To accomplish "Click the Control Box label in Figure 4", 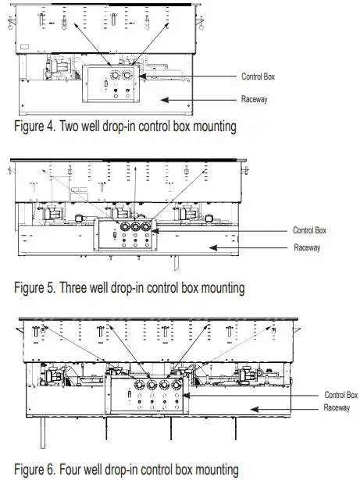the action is (258, 76).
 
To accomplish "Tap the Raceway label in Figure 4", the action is (255, 99).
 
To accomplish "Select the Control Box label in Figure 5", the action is (309, 230).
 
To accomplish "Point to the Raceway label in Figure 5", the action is (307, 247).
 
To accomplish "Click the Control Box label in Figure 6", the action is (341, 395).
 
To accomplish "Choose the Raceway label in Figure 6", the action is (337, 407).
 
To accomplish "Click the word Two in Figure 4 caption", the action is (69, 126).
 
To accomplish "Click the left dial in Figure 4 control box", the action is (116, 75).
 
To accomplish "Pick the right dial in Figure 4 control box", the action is (127, 75).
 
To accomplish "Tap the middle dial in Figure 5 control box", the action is (135, 227).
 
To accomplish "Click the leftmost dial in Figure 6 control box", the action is (139, 385).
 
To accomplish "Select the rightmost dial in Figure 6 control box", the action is (176, 385).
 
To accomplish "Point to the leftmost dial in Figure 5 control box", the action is (125, 227).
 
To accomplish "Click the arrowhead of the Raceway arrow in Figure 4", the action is (161, 100).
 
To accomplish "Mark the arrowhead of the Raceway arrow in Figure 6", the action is (251, 409).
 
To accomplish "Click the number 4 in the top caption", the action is (51, 126).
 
